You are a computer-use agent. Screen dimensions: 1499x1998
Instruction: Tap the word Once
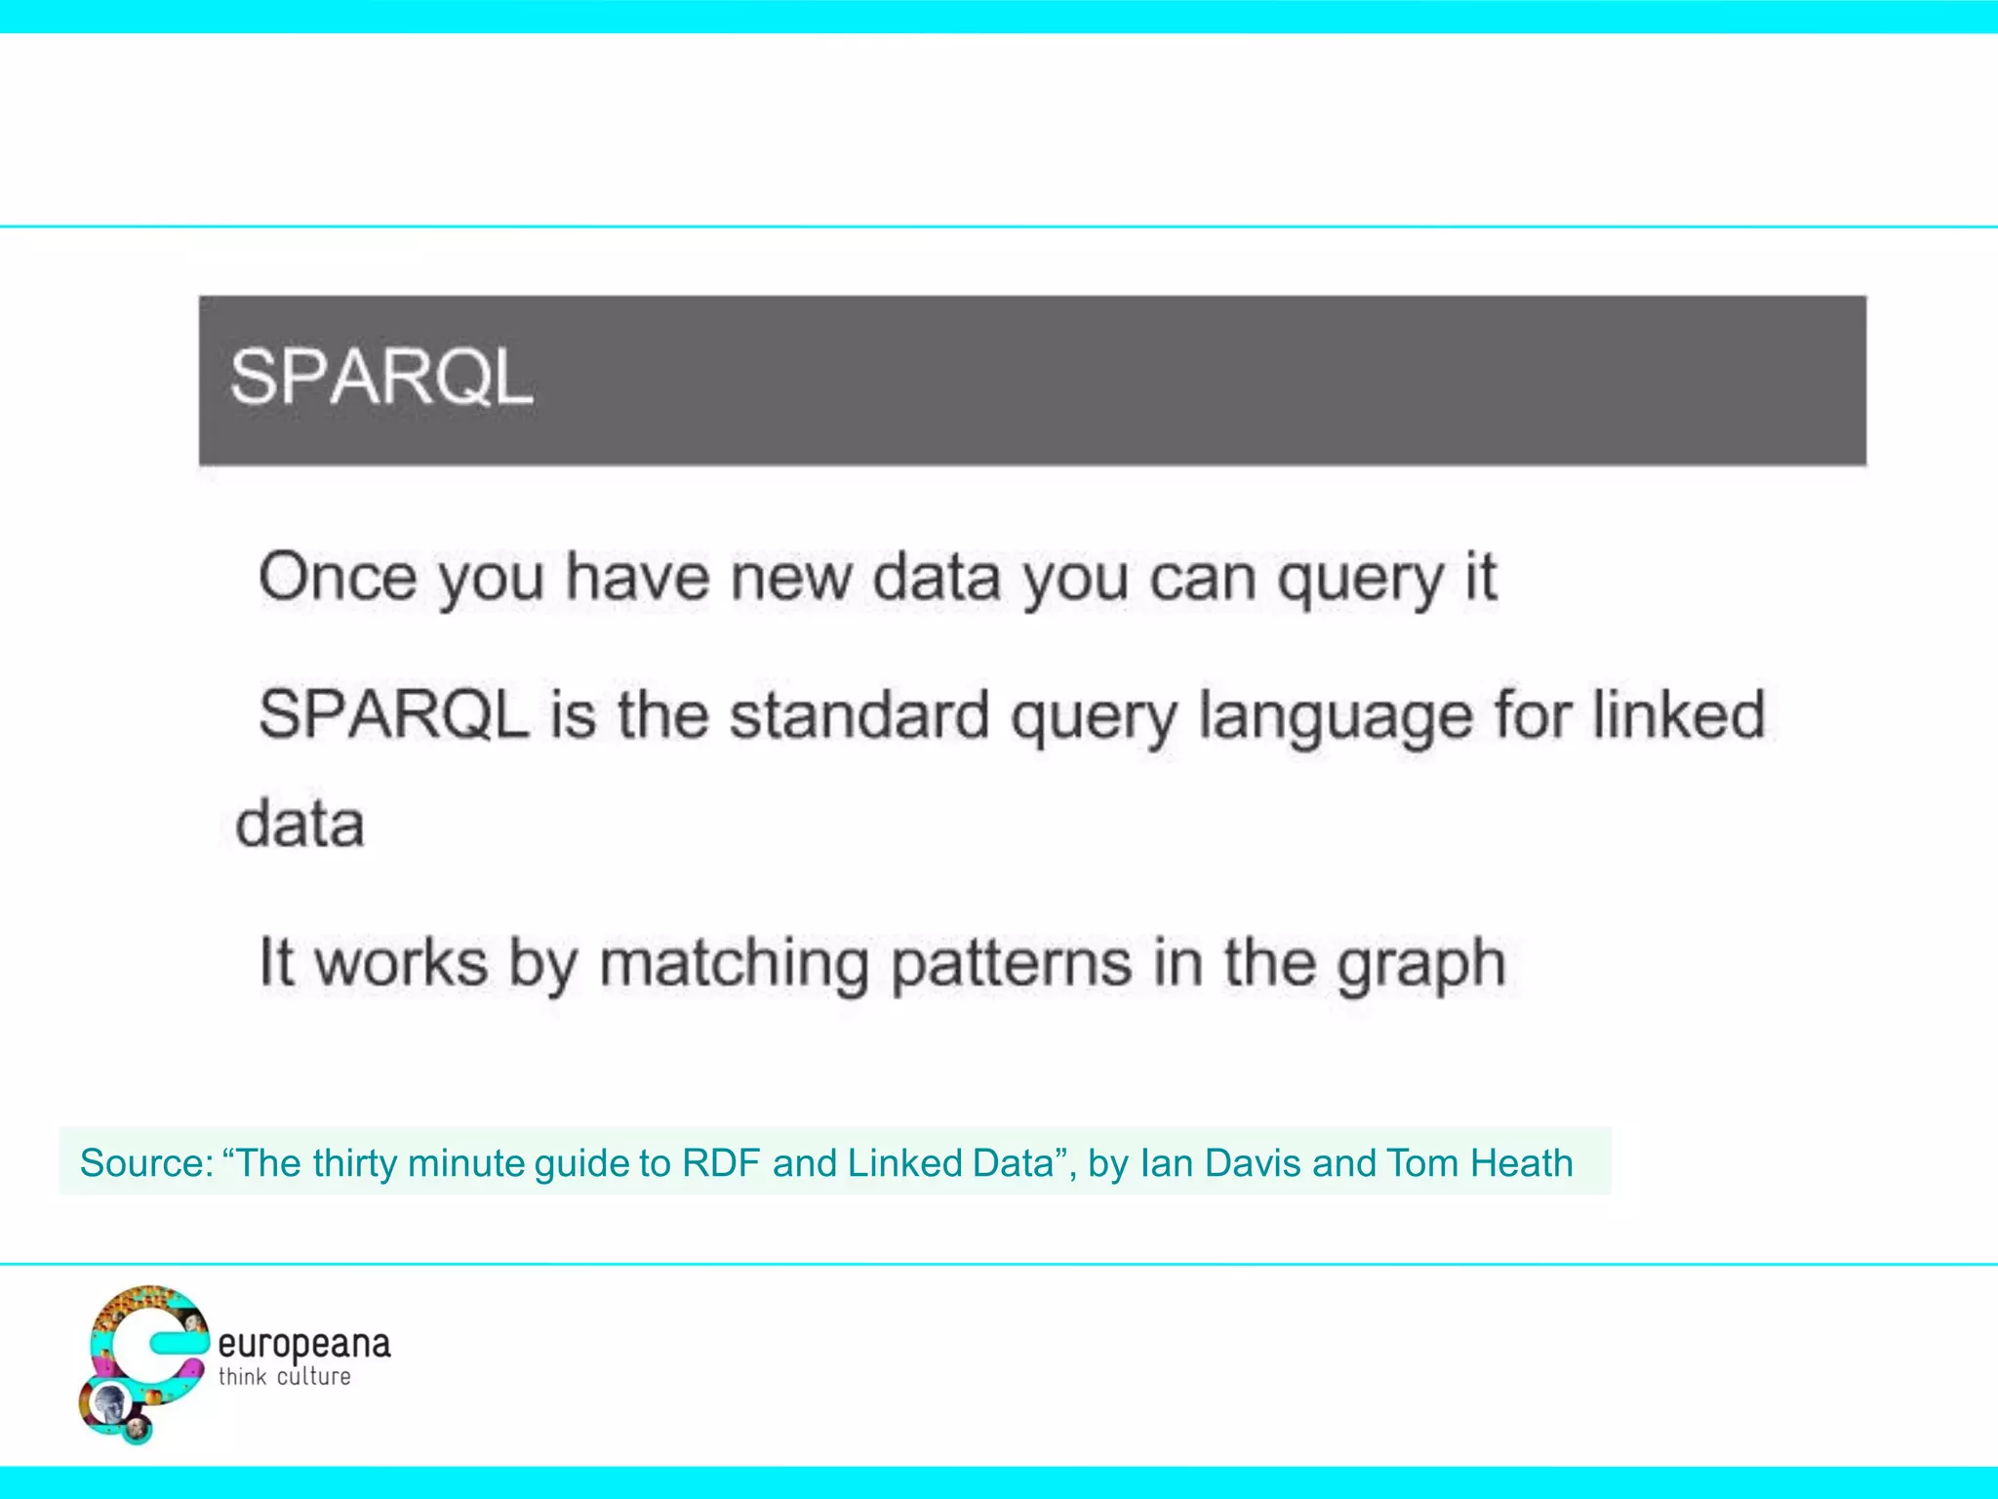point(337,577)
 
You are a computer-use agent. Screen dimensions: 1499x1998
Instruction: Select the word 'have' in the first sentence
point(638,577)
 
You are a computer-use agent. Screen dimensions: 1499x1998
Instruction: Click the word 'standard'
point(859,715)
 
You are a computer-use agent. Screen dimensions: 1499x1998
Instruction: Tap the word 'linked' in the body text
point(1679,715)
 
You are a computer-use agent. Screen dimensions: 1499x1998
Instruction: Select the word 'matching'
point(734,964)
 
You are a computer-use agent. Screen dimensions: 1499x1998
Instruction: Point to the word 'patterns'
point(1010,964)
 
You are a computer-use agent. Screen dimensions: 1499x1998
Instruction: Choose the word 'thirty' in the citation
point(354,1163)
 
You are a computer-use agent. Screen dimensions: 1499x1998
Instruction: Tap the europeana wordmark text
point(303,1345)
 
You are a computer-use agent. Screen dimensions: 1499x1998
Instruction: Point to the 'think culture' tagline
point(284,1377)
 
